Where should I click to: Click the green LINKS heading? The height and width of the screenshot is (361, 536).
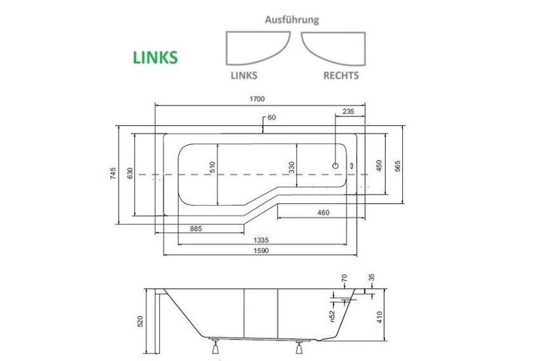point(155,58)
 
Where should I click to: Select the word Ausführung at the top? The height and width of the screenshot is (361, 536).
point(291,20)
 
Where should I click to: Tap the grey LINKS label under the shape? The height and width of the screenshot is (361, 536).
point(242,75)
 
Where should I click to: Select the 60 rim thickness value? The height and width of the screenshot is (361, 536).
point(272,117)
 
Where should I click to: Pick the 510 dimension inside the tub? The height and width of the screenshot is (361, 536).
point(213,167)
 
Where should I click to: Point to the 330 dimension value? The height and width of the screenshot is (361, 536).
point(291,167)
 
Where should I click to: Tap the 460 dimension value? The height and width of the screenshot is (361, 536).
point(323,213)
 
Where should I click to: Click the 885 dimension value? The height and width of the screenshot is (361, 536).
point(195,228)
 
